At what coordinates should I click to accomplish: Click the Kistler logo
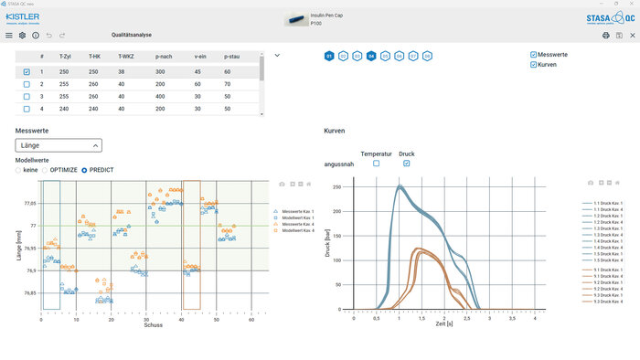23,17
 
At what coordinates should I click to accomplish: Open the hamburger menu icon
9,36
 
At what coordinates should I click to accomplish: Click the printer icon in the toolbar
605,36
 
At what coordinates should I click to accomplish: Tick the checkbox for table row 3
27,96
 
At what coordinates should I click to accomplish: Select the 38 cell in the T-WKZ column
122,71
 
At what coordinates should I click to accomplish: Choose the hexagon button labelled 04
372,56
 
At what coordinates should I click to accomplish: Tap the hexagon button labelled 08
427,56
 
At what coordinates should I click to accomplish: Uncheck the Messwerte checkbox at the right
534,55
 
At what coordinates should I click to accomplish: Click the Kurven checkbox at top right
534,65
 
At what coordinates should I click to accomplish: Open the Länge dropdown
59,144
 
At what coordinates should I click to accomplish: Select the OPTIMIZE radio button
46,170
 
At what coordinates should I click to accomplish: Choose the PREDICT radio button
85,170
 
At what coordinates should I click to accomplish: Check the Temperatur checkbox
376,164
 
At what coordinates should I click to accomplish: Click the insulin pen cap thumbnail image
297,17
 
